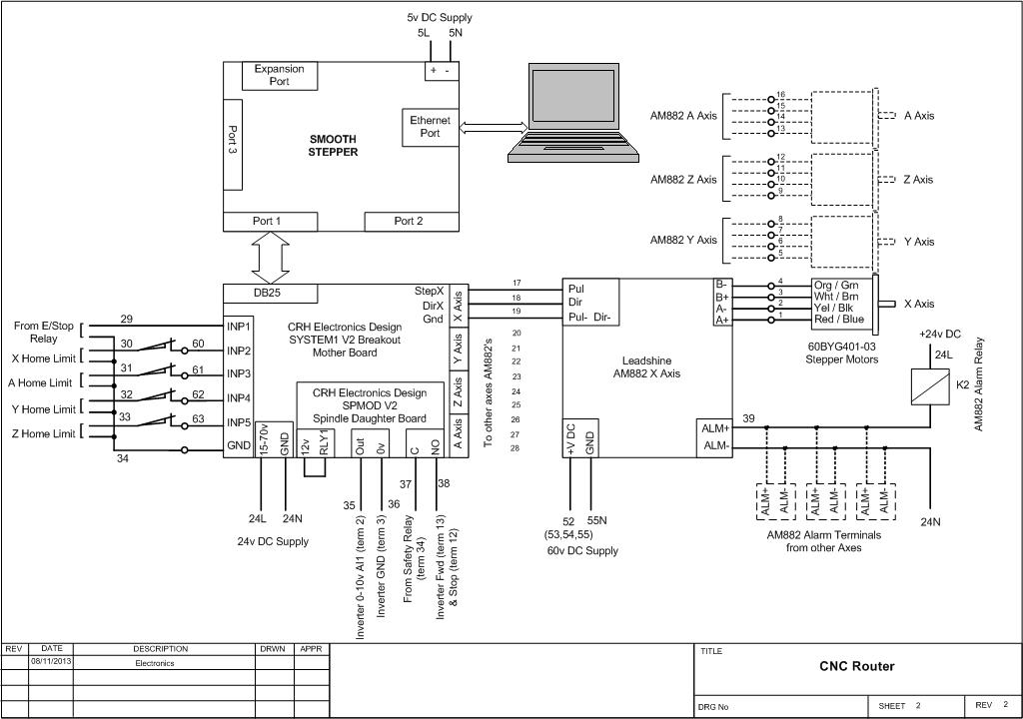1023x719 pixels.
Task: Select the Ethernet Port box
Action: click(x=430, y=127)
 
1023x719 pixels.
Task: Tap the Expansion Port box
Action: click(x=279, y=75)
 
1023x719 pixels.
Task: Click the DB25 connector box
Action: click(x=270, y=294)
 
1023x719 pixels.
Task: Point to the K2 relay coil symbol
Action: click(x=929, y=386)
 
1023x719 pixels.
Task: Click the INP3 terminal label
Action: click(x=238, y=373)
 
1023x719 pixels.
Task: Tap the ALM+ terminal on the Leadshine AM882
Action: click(x=716, y=427)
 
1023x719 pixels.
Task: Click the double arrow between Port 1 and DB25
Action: click(x=270, y=258)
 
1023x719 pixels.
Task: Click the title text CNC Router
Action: click(x=857, y=666)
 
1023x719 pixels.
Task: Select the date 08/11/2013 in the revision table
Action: click(x=51, y=661)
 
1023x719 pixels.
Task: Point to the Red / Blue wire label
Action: click(x=839, y=320)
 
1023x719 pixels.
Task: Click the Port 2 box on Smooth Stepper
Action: click(x=408, y=221)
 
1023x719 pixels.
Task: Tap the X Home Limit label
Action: click(x=43, y=358)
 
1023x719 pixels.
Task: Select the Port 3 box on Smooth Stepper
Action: click(x=233, y=144)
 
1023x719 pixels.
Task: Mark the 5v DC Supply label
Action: click(x=440, y=17)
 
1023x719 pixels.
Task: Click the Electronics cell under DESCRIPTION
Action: click(x=155, y=662)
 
